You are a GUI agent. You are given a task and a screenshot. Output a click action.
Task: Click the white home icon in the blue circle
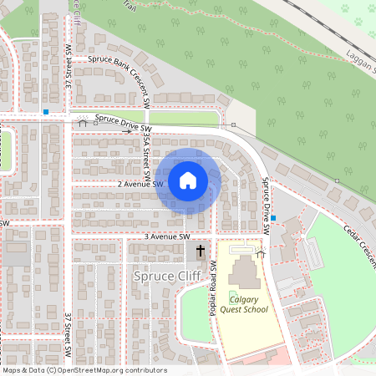(x=187, y=180)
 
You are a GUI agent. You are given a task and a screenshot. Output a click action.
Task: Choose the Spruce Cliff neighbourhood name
(x=165, y=275)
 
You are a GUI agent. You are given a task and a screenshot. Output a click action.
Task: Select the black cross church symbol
(x=201, y=251)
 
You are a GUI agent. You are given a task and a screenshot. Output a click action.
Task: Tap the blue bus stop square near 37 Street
(x=45, y=111)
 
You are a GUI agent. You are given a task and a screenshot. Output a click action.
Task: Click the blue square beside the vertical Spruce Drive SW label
(x=273, y=218)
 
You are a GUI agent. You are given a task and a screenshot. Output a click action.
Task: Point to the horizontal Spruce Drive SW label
(x=122, y=122)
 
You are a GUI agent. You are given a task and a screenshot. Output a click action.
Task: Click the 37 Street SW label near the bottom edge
(x=68, y=333)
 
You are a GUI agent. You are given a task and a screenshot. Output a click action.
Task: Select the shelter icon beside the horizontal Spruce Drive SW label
(x=82, y=123)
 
